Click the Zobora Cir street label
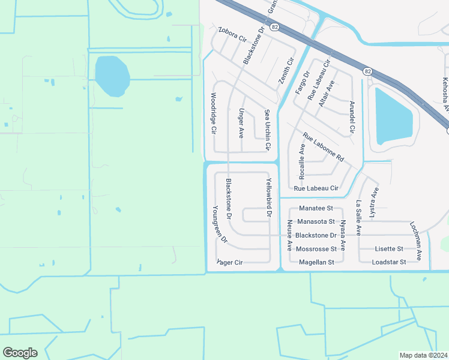point(233,34)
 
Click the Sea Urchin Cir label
point(268,130)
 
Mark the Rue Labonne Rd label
point(323,148)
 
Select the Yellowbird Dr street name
point(269,197)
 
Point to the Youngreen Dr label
point(220,223)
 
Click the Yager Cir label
point(229,262)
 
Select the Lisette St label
point(389,248)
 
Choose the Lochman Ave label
point(417,239)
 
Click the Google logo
point(20,353)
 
